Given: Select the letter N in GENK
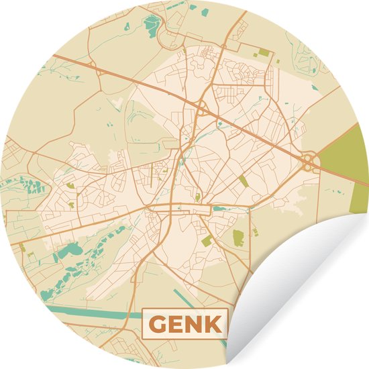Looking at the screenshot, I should click(x=192, y=324).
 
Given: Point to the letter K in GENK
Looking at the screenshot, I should click(x=211, y=324).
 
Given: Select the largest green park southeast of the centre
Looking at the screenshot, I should click(x=238, y=237).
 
